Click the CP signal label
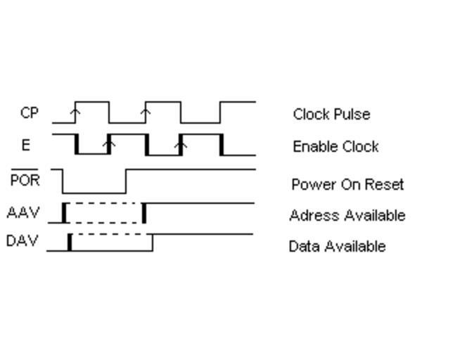click(29, 112)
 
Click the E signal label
click(26, 145)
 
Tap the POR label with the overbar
click(25, 180)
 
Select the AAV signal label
click(22, 212)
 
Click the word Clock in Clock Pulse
click(309, 114)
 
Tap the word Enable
click(313, 146)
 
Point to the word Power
click(309, 184)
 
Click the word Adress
click(309, 215)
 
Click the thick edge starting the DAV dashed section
click(70, 242)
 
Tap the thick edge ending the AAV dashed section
click(144, 213)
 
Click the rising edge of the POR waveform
click(126, 181)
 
